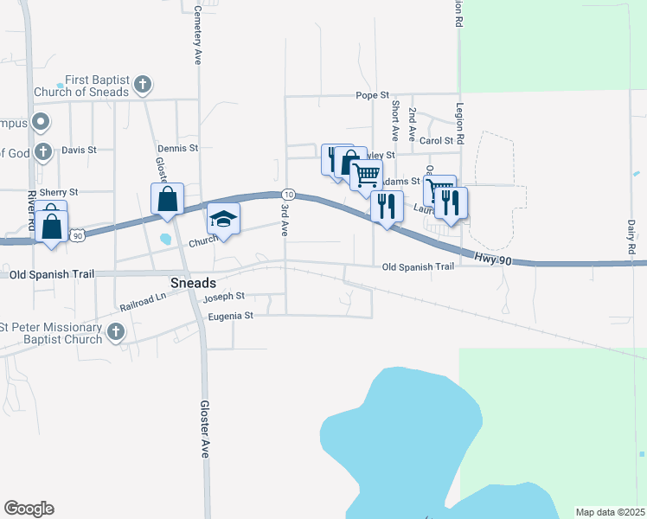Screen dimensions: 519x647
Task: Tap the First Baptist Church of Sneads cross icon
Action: click(143, 85)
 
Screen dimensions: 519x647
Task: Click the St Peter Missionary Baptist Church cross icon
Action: click(116, 331)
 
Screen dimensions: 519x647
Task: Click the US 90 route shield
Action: click(78, 234)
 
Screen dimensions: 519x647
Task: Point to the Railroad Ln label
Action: click(143, 299)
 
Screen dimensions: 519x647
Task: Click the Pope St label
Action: click(374, 95)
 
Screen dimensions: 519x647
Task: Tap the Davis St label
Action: click(79, 150)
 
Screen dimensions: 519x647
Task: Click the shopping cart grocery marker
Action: click(367, 174)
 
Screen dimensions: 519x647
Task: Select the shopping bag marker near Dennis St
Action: click(167, 198)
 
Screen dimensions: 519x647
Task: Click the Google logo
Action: click(29, 509)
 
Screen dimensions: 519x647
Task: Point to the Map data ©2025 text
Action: click(609, 512)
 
